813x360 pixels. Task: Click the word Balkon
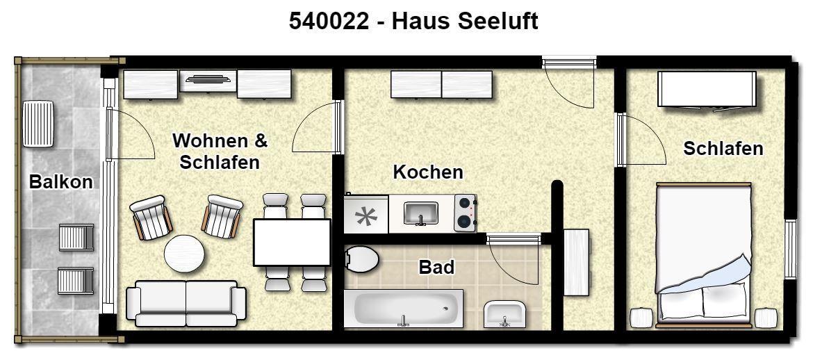60,182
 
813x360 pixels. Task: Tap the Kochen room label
428,172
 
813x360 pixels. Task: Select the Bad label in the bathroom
436,267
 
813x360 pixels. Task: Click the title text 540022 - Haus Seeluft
413,22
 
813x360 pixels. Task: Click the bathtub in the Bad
404,308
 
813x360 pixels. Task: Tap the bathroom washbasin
504,314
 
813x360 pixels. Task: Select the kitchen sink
420,213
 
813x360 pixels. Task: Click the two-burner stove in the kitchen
465,213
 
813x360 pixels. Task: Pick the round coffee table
184,254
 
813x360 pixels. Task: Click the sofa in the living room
186,304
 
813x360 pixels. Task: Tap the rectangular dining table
292,243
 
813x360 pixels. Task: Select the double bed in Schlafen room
704,254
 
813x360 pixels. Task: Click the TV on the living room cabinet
208,79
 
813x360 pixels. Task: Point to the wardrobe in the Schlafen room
707,90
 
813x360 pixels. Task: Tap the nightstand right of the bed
766,318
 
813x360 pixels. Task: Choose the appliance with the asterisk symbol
366,214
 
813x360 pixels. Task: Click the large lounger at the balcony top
38,124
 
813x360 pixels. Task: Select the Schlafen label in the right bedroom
723,148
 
